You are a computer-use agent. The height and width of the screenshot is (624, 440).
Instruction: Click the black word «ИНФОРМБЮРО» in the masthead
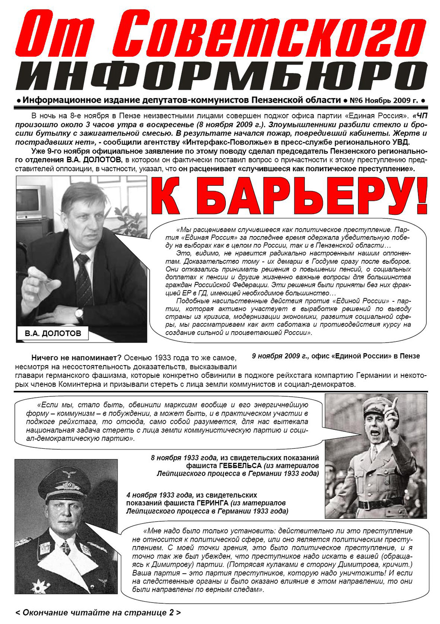pyautogui.click(x=220, y=76)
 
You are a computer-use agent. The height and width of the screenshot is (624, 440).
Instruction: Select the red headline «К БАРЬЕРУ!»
pyautogui.click(x=288, y=197)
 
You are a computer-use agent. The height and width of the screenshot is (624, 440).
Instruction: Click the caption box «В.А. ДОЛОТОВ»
pyautogui.click(x=53, y=333)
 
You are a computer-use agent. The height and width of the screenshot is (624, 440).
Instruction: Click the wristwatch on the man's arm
pyautogui.click(x=79, y=313)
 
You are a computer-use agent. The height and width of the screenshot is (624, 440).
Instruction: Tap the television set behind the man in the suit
pyautogui.click(x=31, y=199)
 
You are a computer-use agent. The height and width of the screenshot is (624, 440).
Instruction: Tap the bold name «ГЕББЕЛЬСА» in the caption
pyautogui.click(x=240, y=466)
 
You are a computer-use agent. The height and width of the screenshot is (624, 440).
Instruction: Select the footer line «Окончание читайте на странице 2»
pyautogui.click(x=98, y=613)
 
